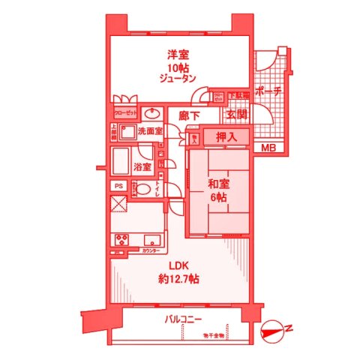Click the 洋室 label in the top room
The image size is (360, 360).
click(178, 55)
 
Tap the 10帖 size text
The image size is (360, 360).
click(178, 66)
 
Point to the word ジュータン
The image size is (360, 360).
click(178, 78)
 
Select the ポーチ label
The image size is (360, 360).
click(268, 91)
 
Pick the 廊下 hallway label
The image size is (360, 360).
click(190, 115)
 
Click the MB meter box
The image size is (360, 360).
click(268, 148)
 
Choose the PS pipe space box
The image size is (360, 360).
click(118, 185)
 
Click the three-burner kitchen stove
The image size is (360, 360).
click(120, 240)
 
